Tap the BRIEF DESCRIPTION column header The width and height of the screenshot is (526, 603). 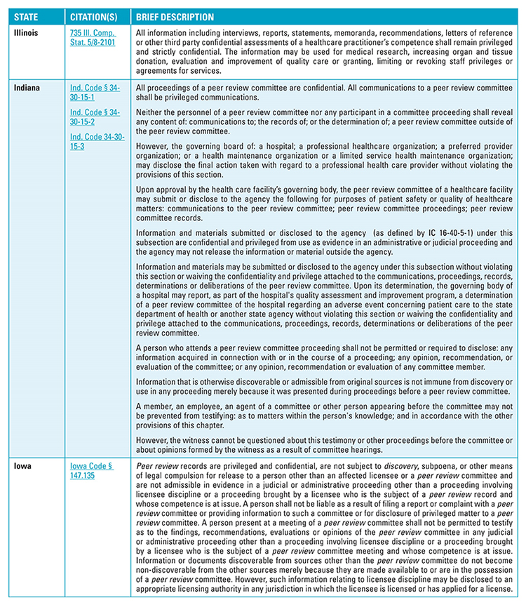click(175, 16)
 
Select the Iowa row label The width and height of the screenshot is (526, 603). click(22, 465)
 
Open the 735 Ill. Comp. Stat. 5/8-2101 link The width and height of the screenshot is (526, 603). click(93, 37)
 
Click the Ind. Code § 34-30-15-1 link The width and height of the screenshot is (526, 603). click(95, 93)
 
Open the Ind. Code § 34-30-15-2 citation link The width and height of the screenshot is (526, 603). click(95, 117)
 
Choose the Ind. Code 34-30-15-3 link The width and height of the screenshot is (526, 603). click(95, 140)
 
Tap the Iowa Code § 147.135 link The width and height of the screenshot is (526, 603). click(92, 470)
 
